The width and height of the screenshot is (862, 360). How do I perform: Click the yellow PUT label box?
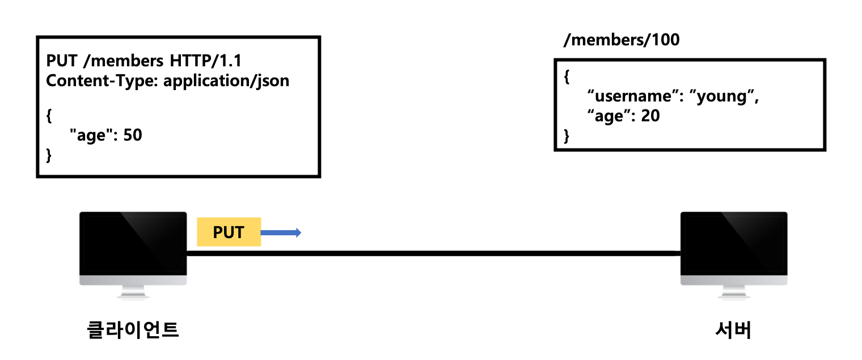click(229, 232)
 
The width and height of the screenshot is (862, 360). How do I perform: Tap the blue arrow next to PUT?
click(281, 232)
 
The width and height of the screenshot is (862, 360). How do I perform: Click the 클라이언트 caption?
click(133, 329)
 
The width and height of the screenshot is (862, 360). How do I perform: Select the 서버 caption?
click(733, 330)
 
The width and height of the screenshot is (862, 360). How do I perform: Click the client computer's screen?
click(133, 242)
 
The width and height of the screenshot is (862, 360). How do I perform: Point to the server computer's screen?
click(734, 242)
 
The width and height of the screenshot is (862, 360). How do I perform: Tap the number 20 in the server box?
click(650, 116)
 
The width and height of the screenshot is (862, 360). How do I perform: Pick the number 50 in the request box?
click(132, 136)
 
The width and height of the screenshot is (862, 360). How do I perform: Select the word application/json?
click(226, 81)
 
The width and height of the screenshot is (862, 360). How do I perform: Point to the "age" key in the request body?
click(90, 136)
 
